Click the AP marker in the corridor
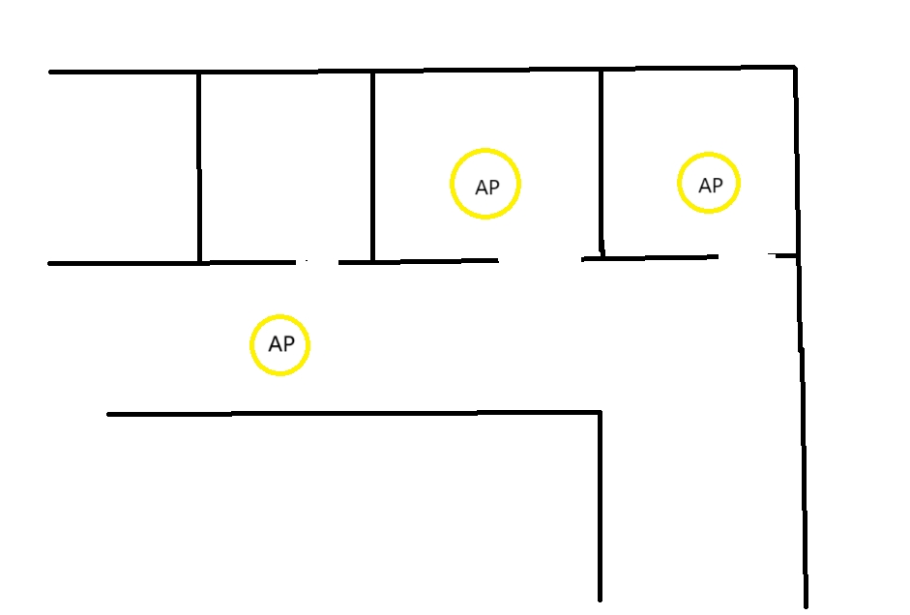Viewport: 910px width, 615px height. tap(279, 344)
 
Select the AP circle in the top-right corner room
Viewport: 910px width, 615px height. tap(709, 184)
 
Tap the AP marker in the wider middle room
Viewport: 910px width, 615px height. tap(485, 184)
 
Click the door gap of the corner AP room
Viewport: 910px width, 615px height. tap(745, 255)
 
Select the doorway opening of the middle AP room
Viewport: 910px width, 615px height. tap(540, 259)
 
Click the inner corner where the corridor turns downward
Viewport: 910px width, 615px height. tap(600, 413)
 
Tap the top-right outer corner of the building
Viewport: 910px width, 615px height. tap(795, 67)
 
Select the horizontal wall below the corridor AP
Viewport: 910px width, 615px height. tap(353, 413)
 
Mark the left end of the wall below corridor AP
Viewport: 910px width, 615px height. tap(108, 415)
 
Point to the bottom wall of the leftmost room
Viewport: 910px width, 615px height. tap(124, 263)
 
